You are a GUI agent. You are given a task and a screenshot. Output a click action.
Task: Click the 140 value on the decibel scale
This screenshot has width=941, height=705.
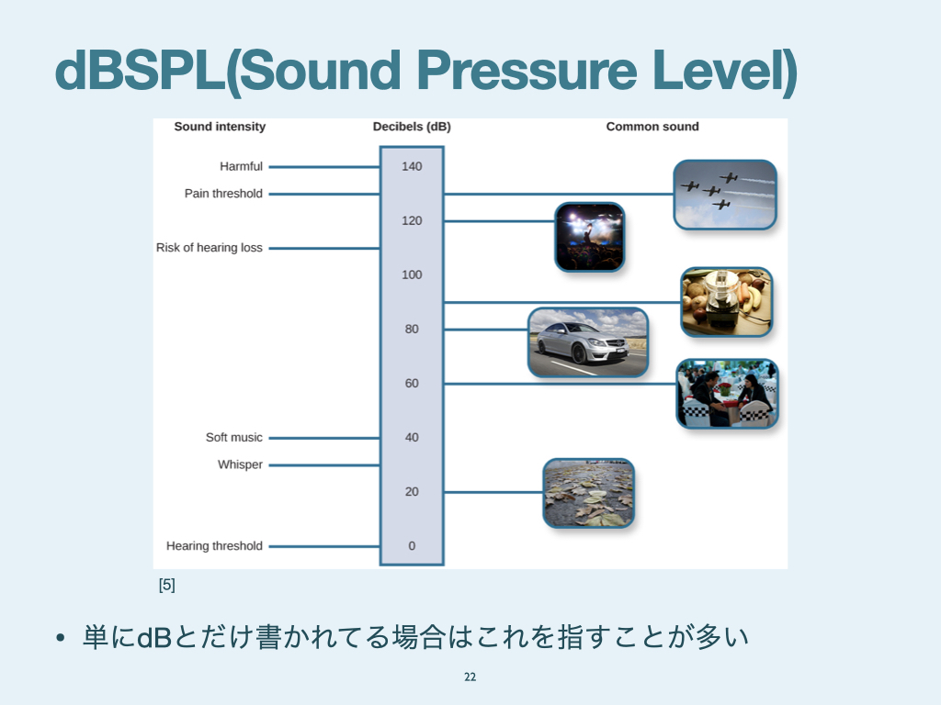pos(412,166)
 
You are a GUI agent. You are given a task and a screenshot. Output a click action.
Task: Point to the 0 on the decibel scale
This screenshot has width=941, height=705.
pos(412,546)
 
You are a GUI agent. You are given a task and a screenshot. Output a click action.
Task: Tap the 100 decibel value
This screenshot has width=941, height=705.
pos(412,274)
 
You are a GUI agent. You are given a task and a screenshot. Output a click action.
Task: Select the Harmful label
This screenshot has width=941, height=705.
pos(241,166)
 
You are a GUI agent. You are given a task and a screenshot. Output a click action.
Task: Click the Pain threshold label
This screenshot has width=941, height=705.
pos(223,194)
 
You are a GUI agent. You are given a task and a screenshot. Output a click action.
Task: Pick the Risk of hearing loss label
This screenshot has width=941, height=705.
pos(210,248)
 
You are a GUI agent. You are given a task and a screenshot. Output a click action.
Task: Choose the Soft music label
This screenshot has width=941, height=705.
pos(234,438)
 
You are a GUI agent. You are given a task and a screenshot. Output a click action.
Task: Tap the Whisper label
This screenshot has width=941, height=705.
pos(240,464)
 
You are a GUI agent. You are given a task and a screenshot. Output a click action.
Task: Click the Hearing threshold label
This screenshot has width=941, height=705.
pos(214,546)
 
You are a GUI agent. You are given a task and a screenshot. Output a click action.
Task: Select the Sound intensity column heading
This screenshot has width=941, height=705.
pos(220,127)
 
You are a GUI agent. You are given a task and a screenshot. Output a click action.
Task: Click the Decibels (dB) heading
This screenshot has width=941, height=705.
pos(412,127)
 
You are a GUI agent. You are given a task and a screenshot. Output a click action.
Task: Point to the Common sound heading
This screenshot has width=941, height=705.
pos(652,127)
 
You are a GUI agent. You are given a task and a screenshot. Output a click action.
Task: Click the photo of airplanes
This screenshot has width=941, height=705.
pos(725,195)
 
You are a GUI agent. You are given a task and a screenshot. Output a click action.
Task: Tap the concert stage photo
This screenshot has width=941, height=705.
pos(589,237)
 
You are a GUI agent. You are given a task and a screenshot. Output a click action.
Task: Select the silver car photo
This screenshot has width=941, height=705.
pos(588,342)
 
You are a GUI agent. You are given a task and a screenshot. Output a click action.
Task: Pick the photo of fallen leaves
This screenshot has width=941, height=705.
pos(588,493)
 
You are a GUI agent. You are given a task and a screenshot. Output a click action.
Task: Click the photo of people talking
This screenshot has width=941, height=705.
pos(727,394)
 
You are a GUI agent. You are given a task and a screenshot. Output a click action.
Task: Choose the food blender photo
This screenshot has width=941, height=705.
pos(727,302)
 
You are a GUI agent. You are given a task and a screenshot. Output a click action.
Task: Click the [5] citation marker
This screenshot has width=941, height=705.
pos(167,584)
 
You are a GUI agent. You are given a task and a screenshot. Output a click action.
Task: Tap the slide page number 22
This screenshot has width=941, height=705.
pos(470,677)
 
